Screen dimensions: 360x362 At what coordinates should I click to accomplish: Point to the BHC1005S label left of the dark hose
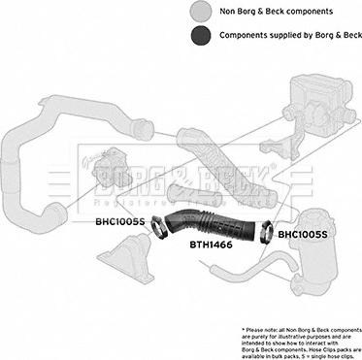(x=119, y=221)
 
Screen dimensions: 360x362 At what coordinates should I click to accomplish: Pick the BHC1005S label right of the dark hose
(x=303, y=234)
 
